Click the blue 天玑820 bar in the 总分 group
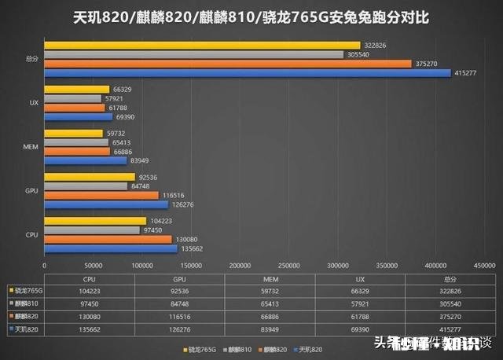[x=248, y=73]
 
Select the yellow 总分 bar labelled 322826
[x=202, y=46]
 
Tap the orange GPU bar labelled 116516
[x=101, y=195]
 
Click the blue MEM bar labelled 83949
[x=86, y=160]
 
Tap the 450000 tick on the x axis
[x=483, y=266]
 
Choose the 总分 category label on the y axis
[x=32, y=59]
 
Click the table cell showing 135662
[x=90, y=327]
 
